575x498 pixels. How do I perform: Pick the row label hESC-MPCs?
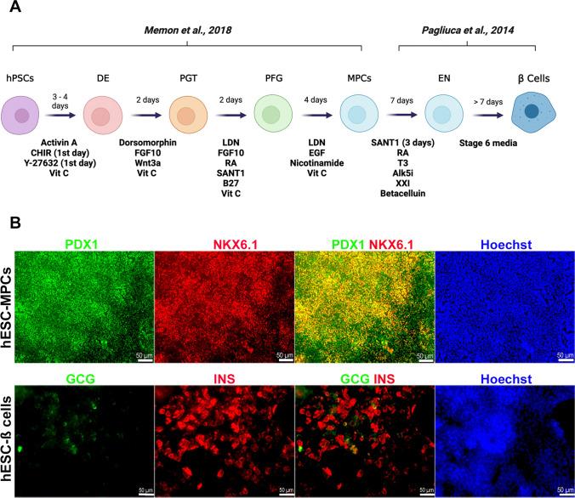(8, 301)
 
